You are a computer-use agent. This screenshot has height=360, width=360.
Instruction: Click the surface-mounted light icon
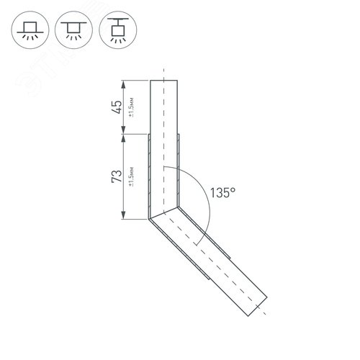click(x=29, y=30)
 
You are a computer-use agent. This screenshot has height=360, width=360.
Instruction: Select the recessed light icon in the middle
click(x=72, y=30)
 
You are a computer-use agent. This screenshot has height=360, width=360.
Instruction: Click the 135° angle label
click(x=224, y=193)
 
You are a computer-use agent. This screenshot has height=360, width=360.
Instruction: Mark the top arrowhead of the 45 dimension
click(x=125, y=81)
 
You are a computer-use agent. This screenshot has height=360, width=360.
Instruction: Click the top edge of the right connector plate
click(x=179, y=133)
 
